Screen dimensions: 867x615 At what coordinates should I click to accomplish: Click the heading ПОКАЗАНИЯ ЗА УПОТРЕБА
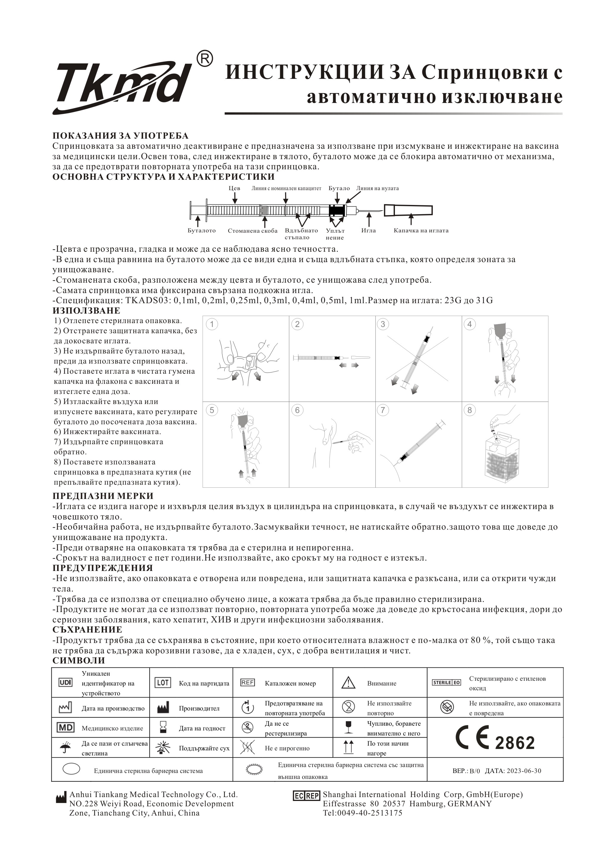point(120,136)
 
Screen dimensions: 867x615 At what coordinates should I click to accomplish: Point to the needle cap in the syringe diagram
point(408,210)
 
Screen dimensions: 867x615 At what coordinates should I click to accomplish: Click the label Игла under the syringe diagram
point(368,230)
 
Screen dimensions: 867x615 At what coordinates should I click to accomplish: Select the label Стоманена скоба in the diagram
point(252,231)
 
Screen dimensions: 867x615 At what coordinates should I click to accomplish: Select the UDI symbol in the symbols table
point(65,683)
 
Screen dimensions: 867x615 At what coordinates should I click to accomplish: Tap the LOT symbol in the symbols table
point(162,683)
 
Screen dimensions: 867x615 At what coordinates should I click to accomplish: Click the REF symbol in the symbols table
point(247,683)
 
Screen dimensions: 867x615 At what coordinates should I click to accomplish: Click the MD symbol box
point(65,728)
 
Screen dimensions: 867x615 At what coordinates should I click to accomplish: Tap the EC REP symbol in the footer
point(306,796)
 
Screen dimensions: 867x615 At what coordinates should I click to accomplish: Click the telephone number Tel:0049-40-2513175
point(363,813)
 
